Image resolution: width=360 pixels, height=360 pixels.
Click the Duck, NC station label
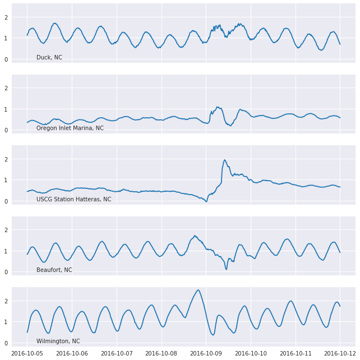click(49, 58)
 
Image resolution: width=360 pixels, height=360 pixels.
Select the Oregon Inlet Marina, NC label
click(70, 128)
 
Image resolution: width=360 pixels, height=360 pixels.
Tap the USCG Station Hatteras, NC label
click(74, 200)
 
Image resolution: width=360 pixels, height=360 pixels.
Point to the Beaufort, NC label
click(54, 270)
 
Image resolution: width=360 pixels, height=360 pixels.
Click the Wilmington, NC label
click(58, 341)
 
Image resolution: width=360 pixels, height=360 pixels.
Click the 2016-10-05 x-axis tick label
click(27, 353)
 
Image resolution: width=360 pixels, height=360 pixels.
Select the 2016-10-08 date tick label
click(162, 353)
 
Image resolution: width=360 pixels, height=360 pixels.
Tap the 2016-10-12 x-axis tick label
click(340, 353)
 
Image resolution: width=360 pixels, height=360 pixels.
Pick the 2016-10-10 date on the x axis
click(251, 353)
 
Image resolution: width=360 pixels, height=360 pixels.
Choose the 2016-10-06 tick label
click(72, 353)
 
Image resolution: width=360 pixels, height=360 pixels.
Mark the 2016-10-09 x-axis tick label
click(206, 353)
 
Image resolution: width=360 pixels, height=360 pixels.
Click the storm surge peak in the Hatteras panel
click(225, 160)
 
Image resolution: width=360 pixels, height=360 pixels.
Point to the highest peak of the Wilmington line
click(198, 290)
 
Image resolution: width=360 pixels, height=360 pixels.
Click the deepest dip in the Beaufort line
click(227, 269)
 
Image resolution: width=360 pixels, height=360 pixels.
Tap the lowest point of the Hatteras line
click(206, 201)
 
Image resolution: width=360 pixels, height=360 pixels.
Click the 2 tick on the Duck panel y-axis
click(6, 17)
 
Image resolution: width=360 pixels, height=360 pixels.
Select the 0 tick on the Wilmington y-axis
click(6, 343)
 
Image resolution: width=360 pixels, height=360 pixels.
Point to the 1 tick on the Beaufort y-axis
click(6, 251)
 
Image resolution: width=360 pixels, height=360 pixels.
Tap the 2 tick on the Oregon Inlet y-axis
click(6, 88)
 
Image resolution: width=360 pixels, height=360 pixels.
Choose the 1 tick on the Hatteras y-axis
click(6, 181)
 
